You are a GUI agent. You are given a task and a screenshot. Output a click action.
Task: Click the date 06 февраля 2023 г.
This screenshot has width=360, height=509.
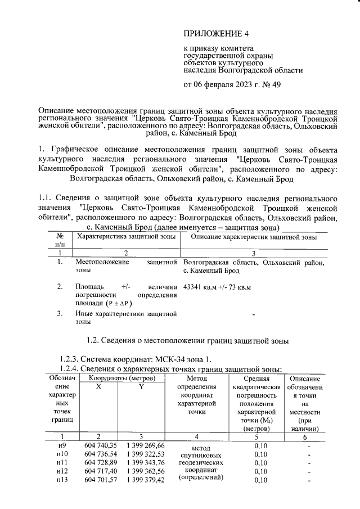click(x=226, y=85)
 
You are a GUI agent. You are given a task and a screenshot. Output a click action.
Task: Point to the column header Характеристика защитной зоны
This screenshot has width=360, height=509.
click(x=127, y=238)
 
